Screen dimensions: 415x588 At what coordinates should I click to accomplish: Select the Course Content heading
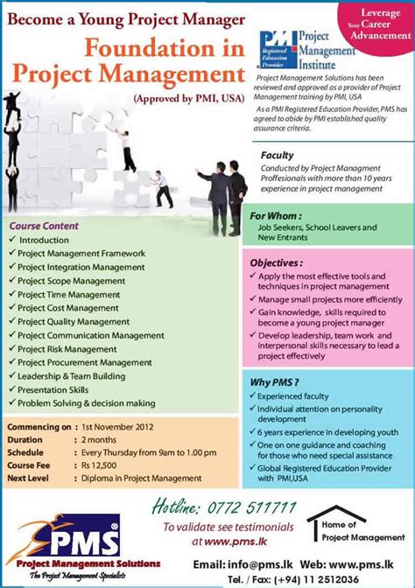point(45,225)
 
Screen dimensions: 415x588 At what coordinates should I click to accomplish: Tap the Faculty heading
point(278,156)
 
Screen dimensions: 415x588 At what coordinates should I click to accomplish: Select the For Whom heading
point(277,215)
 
